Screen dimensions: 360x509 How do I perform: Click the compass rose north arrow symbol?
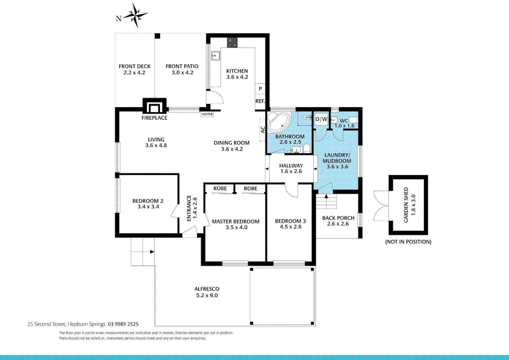coord(135,15)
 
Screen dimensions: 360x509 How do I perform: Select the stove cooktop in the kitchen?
coord(232,42)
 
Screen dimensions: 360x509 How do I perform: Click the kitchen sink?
coord(216,56)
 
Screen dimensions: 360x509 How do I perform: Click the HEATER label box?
coord(207,114)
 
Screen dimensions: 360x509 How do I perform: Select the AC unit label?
coord(262,130)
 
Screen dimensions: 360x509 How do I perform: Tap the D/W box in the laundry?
coord(321,119)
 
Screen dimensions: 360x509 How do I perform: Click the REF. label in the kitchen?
coord(260,101)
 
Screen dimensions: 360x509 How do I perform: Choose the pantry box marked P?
coord(260,89)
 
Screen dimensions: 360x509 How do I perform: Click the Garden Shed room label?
coord(406,205)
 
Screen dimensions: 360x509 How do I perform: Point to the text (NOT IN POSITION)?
coord(408,242)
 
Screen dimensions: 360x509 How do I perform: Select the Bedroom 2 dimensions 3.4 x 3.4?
coord(148,207)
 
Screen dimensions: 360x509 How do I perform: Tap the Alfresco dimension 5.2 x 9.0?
coord(207,295)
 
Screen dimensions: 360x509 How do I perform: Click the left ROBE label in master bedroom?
coord(220,189)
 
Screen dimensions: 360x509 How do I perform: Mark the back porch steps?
coord(326,201)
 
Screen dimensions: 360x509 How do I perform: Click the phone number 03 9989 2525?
coord(123,324)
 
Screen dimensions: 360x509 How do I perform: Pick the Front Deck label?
coord(135,66)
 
